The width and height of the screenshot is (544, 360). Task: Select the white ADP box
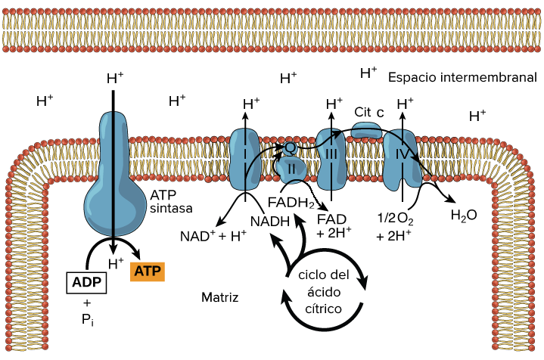point(88,282)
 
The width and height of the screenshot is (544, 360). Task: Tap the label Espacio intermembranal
point(462,77)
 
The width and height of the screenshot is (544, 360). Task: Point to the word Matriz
point(219,297)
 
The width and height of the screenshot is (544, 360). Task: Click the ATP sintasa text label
point(172,202)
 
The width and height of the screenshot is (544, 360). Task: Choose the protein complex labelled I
point(245,159)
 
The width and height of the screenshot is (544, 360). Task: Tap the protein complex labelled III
point(331,159)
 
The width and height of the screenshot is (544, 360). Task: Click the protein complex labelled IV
point(402,159)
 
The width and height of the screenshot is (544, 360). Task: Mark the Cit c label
point(369,112)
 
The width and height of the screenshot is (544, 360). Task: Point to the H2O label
point(464,215)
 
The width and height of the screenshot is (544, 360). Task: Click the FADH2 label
point(291,203)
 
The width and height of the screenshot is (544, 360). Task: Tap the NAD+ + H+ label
point(213,235)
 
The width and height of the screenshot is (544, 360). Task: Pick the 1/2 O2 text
point(394,219)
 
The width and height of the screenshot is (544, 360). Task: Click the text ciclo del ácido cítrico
point(324,291)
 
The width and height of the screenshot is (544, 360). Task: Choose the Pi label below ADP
point(86,319)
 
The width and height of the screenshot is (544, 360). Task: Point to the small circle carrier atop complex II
point(289,147)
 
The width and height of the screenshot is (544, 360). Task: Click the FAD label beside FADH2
point(331,219)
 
